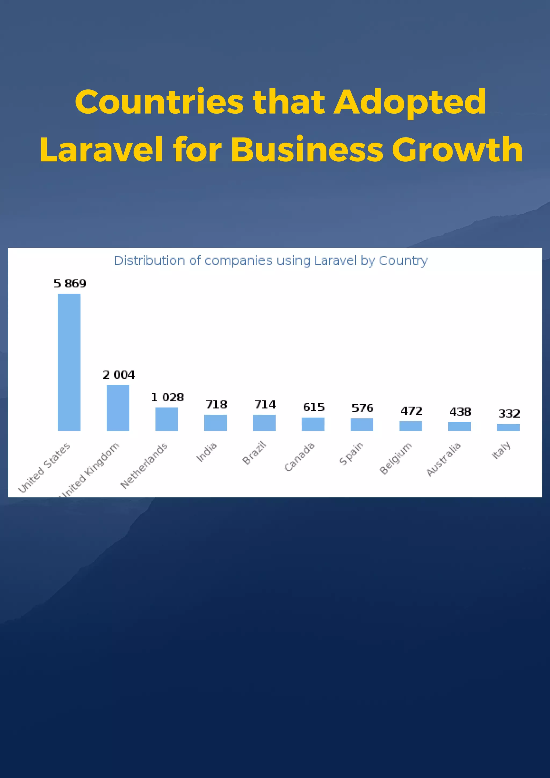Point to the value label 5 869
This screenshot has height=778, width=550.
(70, 283)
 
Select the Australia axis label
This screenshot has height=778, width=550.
(443, 459)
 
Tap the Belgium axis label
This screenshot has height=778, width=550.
(396, 458)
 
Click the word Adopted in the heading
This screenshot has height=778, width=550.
(410, 102)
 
